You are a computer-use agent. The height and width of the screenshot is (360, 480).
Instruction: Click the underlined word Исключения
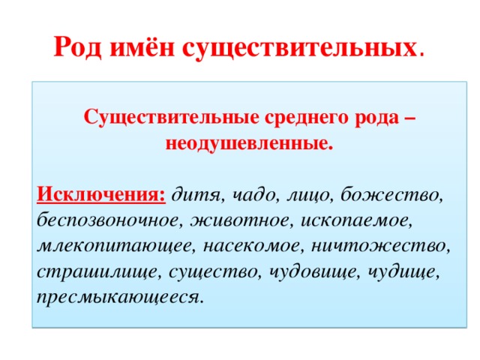(100, 195)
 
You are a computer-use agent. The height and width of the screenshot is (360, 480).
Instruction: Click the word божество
(393, 196)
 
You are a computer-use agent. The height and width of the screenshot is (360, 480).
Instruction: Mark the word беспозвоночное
(108, 220)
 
